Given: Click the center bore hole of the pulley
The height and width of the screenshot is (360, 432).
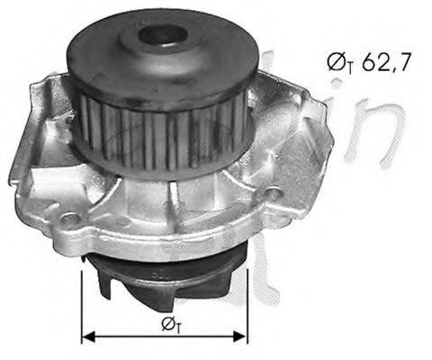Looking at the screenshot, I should (163, 37).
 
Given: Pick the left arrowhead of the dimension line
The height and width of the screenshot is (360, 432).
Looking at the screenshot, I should (88, 337).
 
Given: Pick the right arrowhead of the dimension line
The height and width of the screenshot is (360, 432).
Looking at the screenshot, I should (241, 337).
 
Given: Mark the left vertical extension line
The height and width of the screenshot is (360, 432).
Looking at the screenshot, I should (82, 297).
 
